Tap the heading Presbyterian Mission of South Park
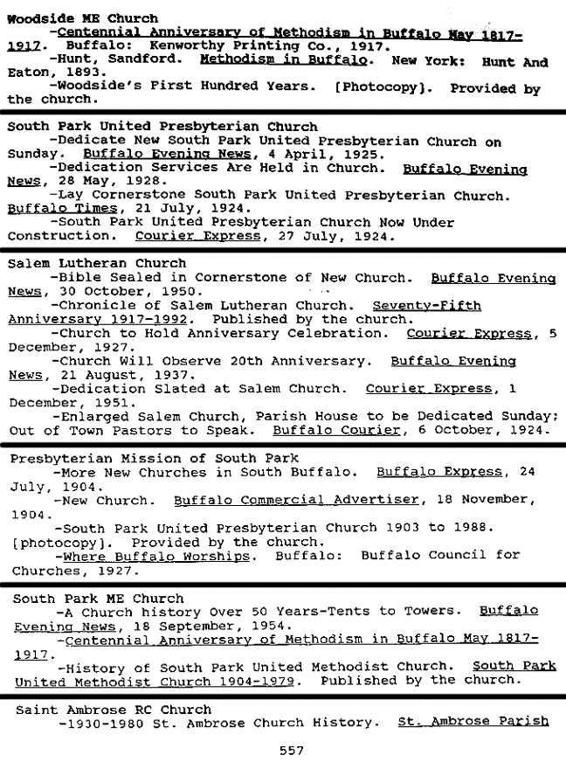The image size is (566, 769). (154, 458)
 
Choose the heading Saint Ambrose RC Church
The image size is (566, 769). (114, 710)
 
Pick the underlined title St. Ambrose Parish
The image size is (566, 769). (473, 723)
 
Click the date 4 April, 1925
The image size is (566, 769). (316, 155)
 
